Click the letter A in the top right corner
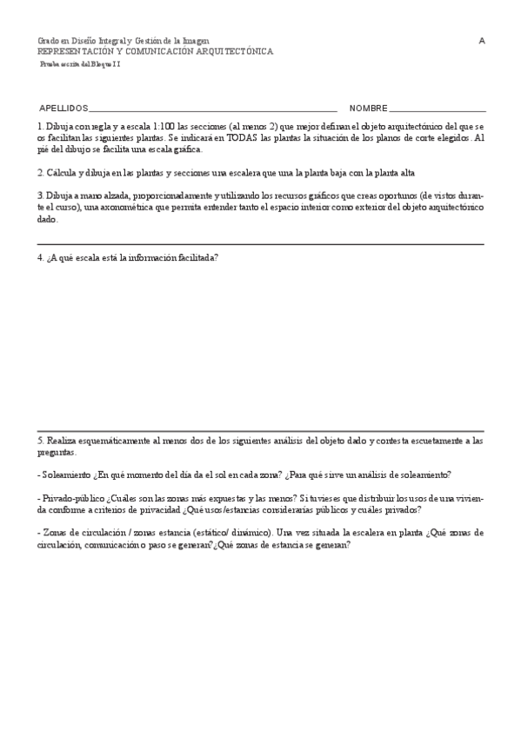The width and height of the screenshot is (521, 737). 482,41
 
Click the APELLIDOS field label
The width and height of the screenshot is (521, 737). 63,109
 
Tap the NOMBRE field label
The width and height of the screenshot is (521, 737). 368,109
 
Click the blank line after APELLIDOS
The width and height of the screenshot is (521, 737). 212,110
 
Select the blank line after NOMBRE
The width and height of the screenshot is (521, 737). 437,110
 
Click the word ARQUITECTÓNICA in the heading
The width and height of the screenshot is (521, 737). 236,51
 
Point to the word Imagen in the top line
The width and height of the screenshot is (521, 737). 196,41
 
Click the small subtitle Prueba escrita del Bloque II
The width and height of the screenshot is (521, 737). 80,64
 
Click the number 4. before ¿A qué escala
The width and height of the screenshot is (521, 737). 40,257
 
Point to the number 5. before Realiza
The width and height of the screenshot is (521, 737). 40,442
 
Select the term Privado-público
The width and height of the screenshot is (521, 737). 72,499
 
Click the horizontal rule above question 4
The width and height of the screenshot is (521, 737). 261,245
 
